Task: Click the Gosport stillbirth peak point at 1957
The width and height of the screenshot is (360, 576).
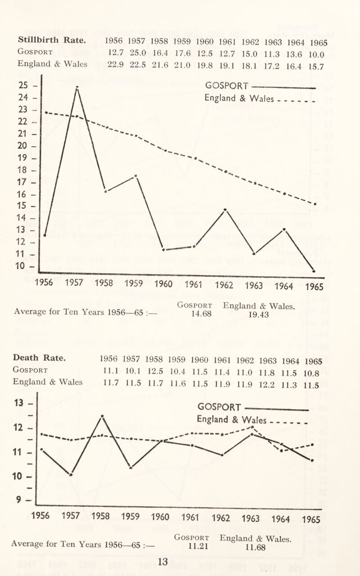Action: pos(77,88)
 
